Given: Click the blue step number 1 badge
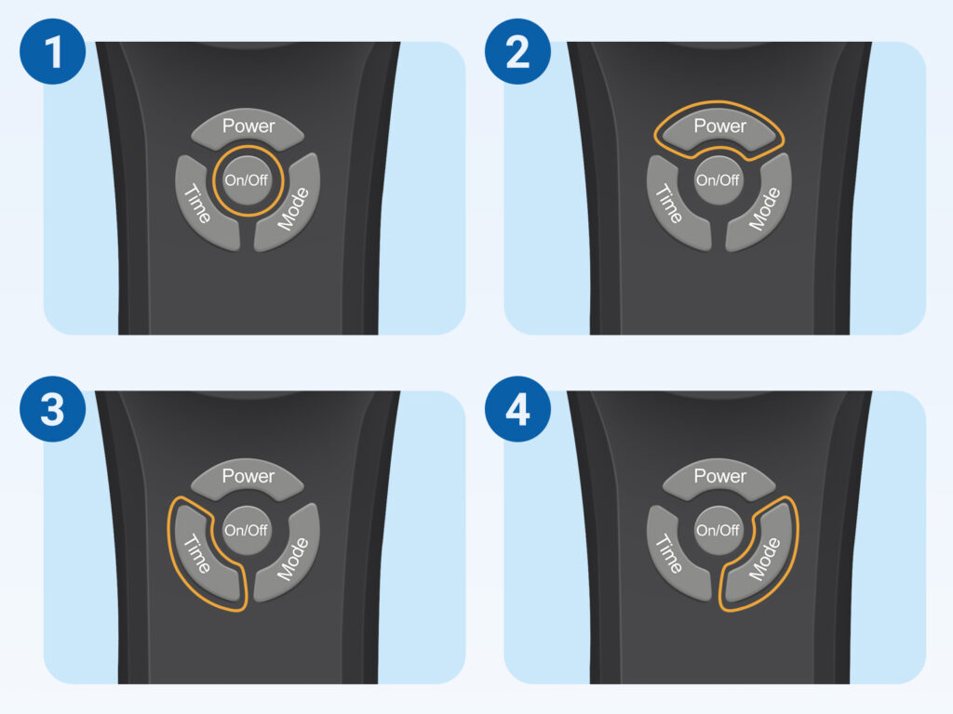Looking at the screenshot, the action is [52, 51].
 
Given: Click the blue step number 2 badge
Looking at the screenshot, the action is [517, 51].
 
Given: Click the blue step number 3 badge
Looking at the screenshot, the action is [52, 409].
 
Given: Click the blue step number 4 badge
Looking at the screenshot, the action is [517, 409].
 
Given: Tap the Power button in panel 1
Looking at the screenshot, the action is [248, 128].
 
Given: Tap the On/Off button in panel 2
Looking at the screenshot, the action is [718, 180].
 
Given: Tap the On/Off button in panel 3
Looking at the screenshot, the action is [246, 530].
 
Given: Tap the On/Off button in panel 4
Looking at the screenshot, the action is [718, 530].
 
